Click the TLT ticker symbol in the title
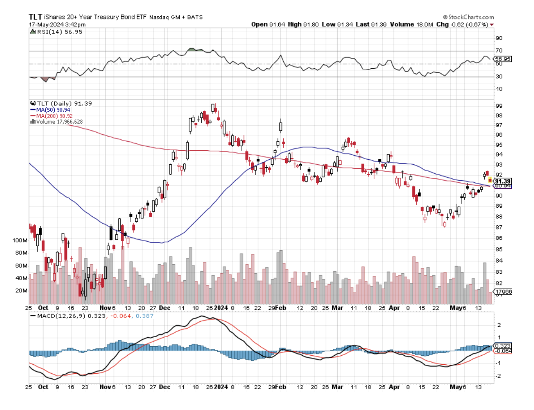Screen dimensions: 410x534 [x=36, y=16]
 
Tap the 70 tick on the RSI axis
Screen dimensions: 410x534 [x=499, y=51]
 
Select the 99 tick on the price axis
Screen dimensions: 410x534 [x=498, y=105]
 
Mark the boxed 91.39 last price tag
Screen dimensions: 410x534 [x=502, y=181]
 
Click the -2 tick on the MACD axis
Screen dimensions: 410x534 [x=498, y=375]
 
